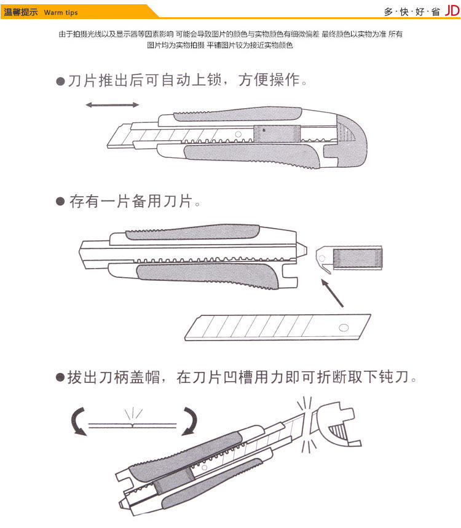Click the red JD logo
(x=452, y=11)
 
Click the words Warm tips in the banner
(x=61, y=13)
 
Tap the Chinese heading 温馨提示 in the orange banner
(x=21, y=12)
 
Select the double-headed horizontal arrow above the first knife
(x=112, y=105)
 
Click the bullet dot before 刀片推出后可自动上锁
(x=60, y=81)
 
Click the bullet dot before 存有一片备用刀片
(x=60, y=202)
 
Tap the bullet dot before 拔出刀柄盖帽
(x=60, y=377)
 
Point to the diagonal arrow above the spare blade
(x=332, y=293)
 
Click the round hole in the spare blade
(x=344, y=328)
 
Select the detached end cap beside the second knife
(x=349, y=258)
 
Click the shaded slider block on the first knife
(x=277, y=133)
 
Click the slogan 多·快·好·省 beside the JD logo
(x=412, y=12)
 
